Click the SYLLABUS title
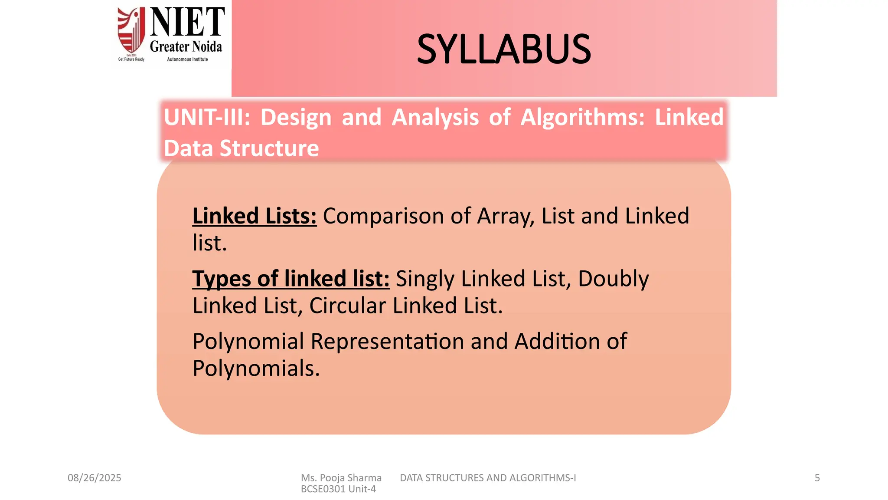pyautogui.click(x=504, y=49)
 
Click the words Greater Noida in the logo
pyautogui.click(x=186, y=46)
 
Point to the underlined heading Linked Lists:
pyautogui.click(x=255, y=216)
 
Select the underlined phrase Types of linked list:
pyautogui.click(x=291, y=278)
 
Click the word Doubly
pyautogui.click(x=613, y=278)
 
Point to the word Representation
pyautogui.click(x=387, y=341)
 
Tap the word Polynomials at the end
pyautogui.click(x=256, y=368)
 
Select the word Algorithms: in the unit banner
pyautogui.click(x=583, y=117)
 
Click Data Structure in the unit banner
pyautogui.click(x=242, y=148)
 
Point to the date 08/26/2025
pyautogui.click(x=95, y=478)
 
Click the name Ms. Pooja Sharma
pyautogui.click(x=341, y=478)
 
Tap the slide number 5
pyautogui.click(x=817, y=478)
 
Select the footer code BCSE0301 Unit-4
pyautogui.click(x=338, y=489)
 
